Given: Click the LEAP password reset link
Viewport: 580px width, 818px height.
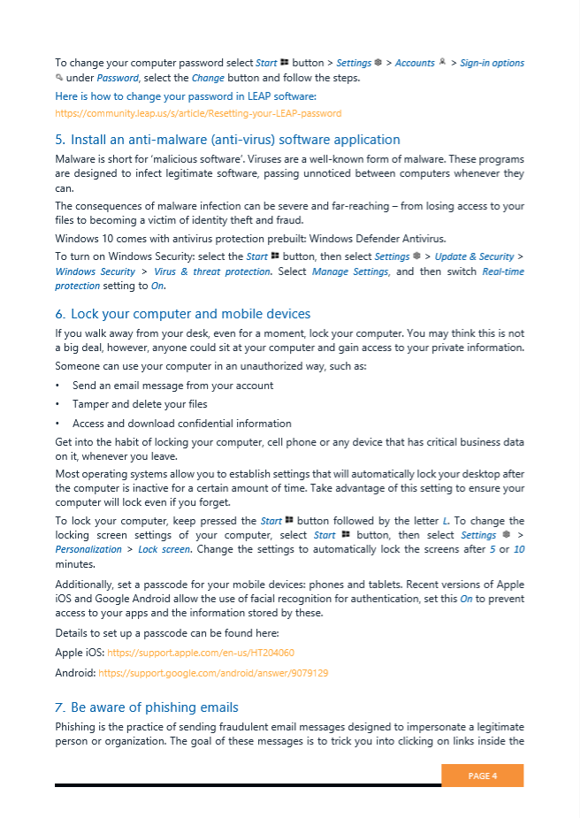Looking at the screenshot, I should pos(198,113).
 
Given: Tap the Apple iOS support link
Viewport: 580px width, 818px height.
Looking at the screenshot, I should pos(201,653).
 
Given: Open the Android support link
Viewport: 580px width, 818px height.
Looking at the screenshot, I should pos(213,673).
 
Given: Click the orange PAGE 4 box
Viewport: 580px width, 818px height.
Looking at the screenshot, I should pos(482,776).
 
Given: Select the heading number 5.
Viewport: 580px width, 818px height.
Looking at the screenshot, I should pos(59,140).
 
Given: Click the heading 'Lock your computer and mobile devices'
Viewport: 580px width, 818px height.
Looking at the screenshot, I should pos(190,314).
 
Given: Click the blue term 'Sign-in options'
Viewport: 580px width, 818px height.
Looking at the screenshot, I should pos(492,63).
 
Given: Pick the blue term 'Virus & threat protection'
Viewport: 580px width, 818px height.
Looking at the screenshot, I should pos(212,271).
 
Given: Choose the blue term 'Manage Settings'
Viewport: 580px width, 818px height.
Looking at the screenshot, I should pos(350,271).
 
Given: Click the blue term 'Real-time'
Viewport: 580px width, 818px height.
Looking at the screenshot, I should pos(502,271).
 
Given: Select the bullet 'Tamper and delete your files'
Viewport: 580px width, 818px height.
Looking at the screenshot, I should pos(140,404).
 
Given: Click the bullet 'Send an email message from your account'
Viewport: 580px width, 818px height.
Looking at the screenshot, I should pos(172,386).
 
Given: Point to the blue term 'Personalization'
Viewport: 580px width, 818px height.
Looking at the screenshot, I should pos(88,549).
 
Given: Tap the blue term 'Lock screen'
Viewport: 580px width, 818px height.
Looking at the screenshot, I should pos(164,549).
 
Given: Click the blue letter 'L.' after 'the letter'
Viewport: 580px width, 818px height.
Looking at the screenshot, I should pos(446,521).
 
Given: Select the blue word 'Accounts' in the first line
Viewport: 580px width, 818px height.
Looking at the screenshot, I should pos(415,63).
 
